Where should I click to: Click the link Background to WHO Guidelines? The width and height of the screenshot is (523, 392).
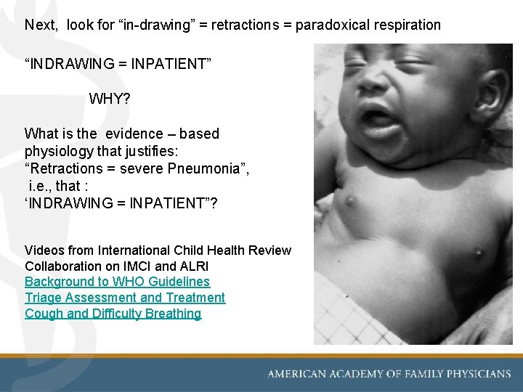click(117, 282)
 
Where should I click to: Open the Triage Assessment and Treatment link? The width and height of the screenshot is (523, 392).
click(125, 298)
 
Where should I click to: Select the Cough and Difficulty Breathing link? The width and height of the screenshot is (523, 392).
click(113, 314)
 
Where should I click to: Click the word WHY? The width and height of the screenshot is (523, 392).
click(110, 98)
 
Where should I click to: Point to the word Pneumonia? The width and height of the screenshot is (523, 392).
click(211, 169)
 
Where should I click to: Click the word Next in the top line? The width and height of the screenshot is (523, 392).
click(41, 25)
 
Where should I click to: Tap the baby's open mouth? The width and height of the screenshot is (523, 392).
click(378, 118)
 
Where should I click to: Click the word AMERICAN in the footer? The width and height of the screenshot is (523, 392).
click(296, 374)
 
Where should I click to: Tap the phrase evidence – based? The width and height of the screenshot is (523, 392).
click(163, 134)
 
